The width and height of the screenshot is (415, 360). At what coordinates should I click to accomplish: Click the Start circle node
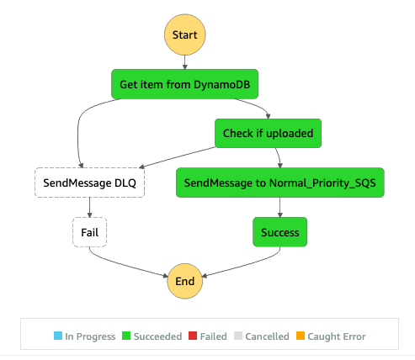tap(184, 35)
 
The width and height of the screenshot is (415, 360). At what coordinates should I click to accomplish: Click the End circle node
tap(184, 279)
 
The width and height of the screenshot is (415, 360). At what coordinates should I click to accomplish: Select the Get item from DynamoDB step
tap(184, 84)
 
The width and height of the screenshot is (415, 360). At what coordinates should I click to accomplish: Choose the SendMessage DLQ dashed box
tap(89, 182)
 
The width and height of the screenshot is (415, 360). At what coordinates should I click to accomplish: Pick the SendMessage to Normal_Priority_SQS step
tap(279, 182)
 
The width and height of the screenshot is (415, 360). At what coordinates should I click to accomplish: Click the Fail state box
tap(89, 230)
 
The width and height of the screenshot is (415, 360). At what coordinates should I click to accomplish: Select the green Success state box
tap(279, 230)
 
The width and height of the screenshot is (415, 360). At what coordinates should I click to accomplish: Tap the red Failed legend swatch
tap(192, 336)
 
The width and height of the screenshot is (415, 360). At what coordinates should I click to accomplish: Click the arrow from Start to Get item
tap(184, 64)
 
